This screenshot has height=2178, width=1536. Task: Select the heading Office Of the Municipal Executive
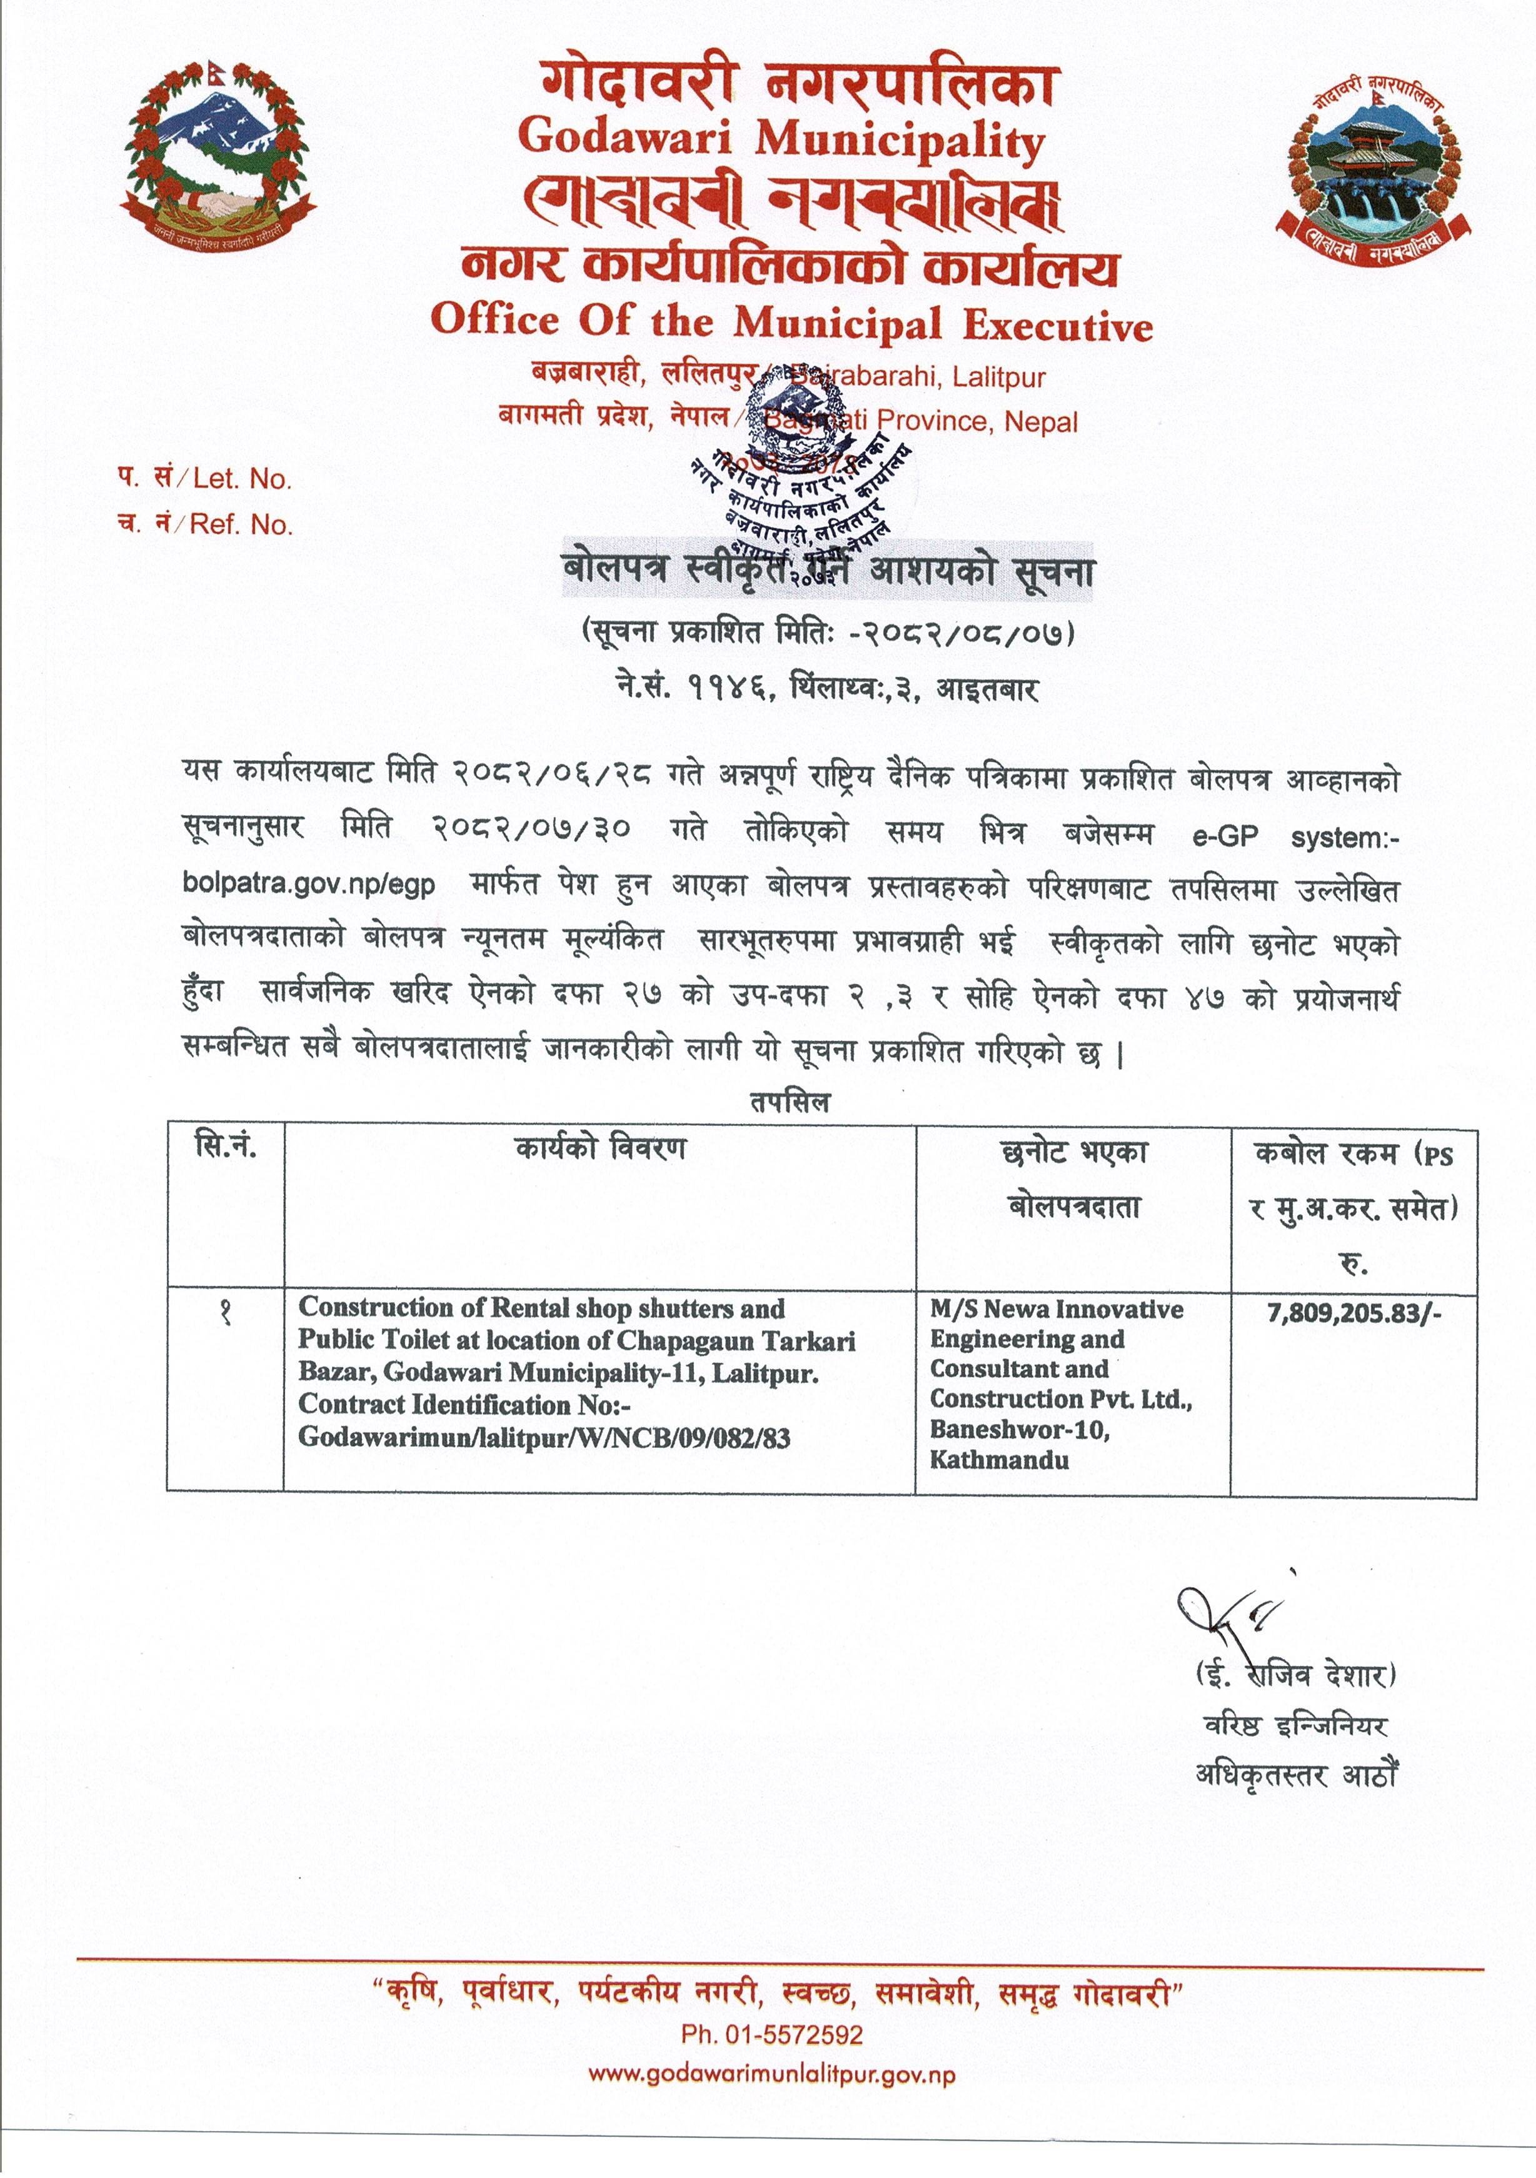[x=791, y=323]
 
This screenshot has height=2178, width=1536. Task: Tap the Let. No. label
[x=242, y=479]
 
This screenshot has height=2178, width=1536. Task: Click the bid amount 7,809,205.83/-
[x=1354, y=1312]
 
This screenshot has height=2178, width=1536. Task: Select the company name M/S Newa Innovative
[x=1056, y=1310]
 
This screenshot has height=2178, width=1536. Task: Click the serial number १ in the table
[x=226, y=1314]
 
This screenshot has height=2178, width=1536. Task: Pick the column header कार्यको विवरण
[x=600, y=1150]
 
